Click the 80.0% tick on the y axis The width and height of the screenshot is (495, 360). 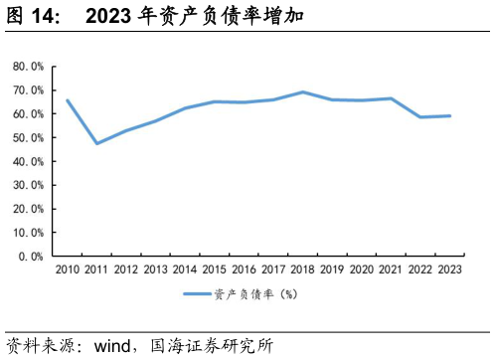pyautogui.click(x=28, y=67)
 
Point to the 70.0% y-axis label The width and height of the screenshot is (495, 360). pyautogui.click(x=28, y=90)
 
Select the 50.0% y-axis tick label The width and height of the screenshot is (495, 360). pyautogui.click(x=28, y=137)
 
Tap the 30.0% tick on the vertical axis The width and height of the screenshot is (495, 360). pyautogui.click(x=28, y=185)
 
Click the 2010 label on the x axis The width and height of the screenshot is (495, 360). pyautogui.click(x=68, y=270)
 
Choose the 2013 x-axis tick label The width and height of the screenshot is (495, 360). pyautogui.click(x=155, y=270)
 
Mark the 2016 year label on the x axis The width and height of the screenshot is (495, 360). pyautogui.click(x=244, y=270)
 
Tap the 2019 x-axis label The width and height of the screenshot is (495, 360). pyautogui.click(x=332, y=270)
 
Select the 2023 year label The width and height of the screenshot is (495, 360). pyautogui.click(x=449, y=270)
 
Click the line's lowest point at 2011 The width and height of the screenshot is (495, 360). pyautogui.click(x=97, y=143)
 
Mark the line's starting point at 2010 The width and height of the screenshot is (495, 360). pyautogui.click(x=68, y=100)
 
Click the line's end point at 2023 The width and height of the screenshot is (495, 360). pyautogui.click(x=449, y=116)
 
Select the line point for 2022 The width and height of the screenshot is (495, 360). pyautogui.click(x=420, y=117)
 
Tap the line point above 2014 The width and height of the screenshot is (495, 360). pyautogui.click(x=185, y=108)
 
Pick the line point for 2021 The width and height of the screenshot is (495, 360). pyautogui.click(x=391, y=98)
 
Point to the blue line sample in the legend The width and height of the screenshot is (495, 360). pyautogui.click(x=197, y=294)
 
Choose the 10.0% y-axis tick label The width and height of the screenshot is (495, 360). pyautogui.click(x=28, y=232)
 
